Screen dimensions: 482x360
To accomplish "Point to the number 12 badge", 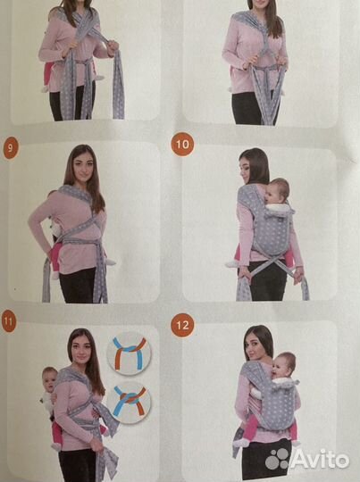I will (x=182, y=325).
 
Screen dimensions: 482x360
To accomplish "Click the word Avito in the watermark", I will (x=325, y=458).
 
